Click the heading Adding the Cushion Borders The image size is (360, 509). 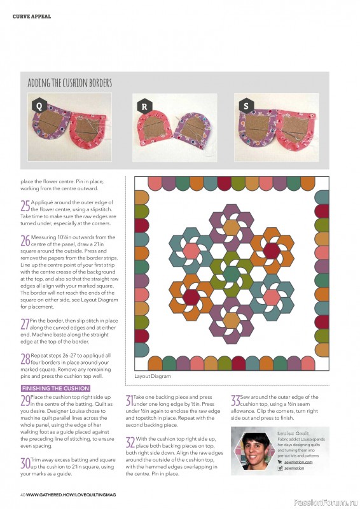[x=70, y=83]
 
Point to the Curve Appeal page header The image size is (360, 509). [x=32, y=16]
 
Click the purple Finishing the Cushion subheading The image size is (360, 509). [x=55, y=387]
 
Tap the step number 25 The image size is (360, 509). [x=25, y=206]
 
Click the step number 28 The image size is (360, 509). [x=25, y=359]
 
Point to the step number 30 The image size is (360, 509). [x=25, y=462]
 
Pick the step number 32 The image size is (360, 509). [x=130, y=442]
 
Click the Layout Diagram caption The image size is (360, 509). [x=153, y=376]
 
